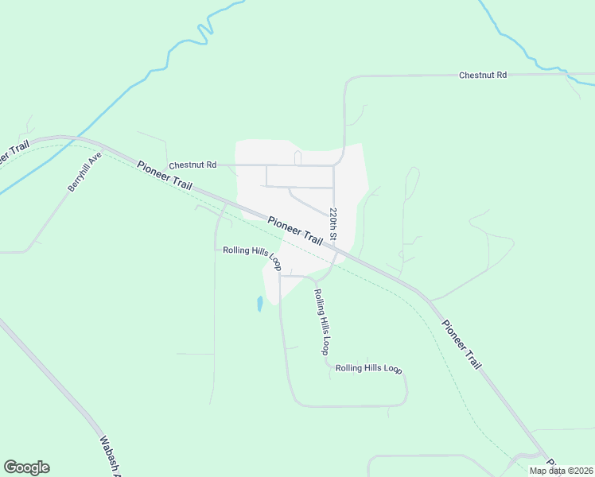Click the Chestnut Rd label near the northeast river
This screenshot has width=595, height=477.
pyautogui.click(x=483, y=75)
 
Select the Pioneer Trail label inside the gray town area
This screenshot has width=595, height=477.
pyautogui.click(x=295, y=231)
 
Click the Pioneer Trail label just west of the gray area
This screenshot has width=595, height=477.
pyautogui.click(x=165, y=175)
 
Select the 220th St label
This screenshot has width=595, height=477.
pyautogui.click(x=334, y=226)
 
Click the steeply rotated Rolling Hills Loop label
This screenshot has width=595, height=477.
pyautogui.click(x=321, y=321)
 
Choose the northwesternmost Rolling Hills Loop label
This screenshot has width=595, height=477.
pyautogui.click(x=251, y=256)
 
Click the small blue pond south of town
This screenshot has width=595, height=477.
pyautogui.click(x=259, y=303)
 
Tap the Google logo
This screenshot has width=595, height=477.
pyautogui.click(x=26, y=467)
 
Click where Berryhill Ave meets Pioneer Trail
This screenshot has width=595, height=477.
pyautogui.click(x=103, y=148)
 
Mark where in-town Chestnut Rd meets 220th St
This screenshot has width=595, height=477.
pyautogui.click(x=333, y=165)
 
